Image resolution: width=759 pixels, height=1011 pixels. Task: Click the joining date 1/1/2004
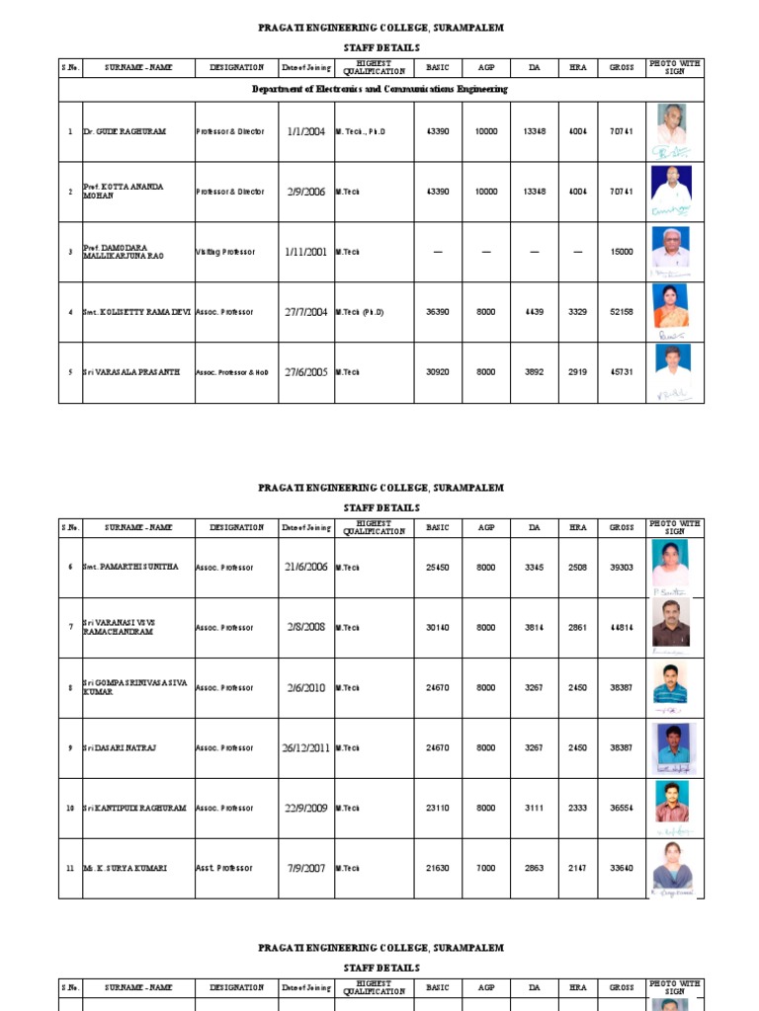(x=305, y=131)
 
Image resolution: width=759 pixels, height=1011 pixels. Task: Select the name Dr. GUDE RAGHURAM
(x=125, y=131)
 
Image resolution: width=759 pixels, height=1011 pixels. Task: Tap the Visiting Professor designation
(x=225, y=252)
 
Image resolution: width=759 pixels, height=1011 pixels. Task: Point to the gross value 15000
(x=622, y=252)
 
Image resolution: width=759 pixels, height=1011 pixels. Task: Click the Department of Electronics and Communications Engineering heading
(x=379, y=89)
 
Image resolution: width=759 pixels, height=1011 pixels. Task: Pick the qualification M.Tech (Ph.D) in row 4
(x=359, y=312)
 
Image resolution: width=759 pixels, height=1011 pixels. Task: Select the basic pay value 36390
(x=437, y=312)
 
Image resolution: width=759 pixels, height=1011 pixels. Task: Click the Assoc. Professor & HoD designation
(x=232, y=372)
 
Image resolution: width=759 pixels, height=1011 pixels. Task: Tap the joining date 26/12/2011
(x=305, y=747)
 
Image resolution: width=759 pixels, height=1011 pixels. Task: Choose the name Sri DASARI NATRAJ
(x=126, y=747)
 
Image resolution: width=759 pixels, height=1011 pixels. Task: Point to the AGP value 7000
(x=486, y=868)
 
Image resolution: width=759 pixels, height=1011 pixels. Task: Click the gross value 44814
(x=622, y=627)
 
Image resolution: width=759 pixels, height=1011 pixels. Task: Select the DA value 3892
(x=535, y=372)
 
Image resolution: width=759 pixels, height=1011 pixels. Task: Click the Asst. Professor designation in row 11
(x=223, y=868)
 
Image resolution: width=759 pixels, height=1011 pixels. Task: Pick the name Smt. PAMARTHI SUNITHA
(x=126, y=568)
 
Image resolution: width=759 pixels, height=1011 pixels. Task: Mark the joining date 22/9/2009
(x=305, y=808)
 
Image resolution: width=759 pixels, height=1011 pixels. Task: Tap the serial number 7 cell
(x=70, y=627)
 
